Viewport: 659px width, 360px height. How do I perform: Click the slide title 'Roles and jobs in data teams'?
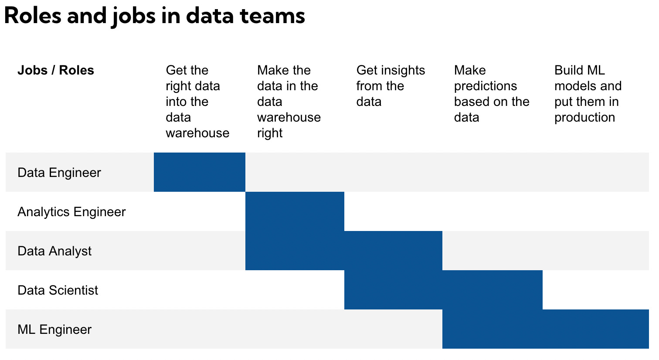154,16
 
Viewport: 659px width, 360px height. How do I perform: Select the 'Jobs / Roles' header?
56,70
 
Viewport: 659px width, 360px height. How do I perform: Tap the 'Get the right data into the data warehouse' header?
197,101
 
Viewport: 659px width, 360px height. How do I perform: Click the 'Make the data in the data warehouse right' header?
289,101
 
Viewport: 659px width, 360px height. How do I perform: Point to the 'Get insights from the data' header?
390,86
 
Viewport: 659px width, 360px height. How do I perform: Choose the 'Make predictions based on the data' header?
491,94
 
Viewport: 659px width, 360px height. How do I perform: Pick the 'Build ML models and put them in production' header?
588,94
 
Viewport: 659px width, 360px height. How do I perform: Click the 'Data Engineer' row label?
59,173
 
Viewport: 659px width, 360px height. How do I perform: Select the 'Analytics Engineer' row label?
71,212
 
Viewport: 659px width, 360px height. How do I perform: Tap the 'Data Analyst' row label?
54,251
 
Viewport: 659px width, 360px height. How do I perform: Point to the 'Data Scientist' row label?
58,290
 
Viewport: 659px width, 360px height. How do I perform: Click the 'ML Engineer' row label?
54,329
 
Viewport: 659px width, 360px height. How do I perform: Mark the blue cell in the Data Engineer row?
200,172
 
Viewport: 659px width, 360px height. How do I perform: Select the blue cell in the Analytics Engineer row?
295,211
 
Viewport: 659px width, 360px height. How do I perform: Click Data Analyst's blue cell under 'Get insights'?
393,251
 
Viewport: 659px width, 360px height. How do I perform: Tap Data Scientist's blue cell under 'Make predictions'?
493,290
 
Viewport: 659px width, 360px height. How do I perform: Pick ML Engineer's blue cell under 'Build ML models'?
596,329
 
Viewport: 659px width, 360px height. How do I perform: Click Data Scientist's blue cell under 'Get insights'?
393,290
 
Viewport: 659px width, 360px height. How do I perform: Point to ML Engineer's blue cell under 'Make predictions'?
493,329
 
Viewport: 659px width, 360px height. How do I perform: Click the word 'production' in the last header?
584,117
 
